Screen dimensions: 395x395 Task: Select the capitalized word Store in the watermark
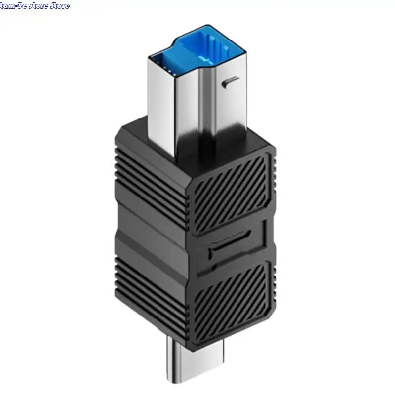pos(60,6)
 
